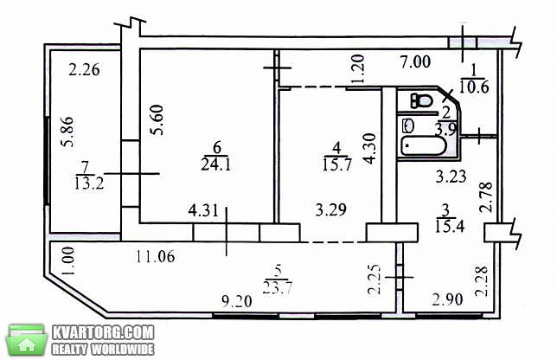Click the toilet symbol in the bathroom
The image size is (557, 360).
pos(422,100)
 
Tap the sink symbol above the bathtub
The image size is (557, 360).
pos(409,125)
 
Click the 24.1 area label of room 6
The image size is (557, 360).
pos(215,164)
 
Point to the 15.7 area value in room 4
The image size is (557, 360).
pos(336,164)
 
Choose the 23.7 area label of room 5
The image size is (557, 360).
pos(278,287)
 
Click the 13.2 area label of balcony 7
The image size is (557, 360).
pos(89,183)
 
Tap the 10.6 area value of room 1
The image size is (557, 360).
pos(474,87)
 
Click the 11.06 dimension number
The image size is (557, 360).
pos(155,256)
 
